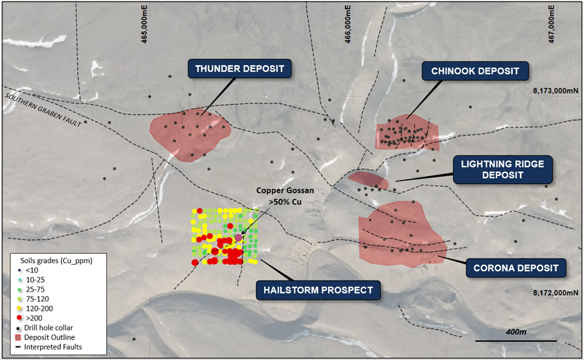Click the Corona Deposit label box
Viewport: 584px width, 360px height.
(516, 268)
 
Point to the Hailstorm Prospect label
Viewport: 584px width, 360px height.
(317, 289)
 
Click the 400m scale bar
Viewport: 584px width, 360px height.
(516, 339)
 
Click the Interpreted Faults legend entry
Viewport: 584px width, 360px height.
(52, 346)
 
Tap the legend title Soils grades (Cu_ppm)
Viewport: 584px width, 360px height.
(52, 261)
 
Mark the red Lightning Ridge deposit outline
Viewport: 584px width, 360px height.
(368, 180)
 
